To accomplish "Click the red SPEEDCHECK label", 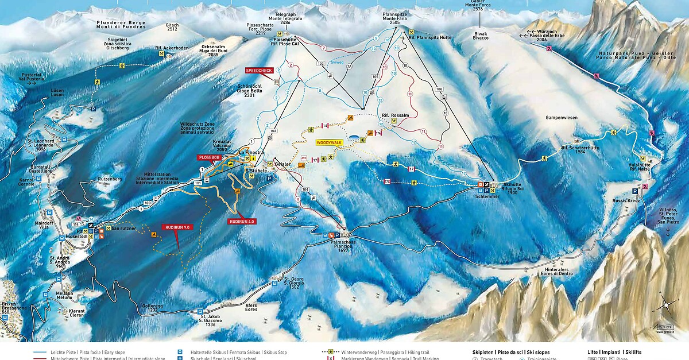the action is point(259,70).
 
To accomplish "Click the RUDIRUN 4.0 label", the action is point(241,221).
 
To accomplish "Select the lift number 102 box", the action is point(273,131).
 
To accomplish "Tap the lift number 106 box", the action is point(440,90).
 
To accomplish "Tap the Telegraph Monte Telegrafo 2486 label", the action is point(285,18).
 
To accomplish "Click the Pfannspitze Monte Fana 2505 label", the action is point(394,18).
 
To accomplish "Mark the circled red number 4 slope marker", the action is point(297,199).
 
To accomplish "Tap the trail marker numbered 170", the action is point(387,181).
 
